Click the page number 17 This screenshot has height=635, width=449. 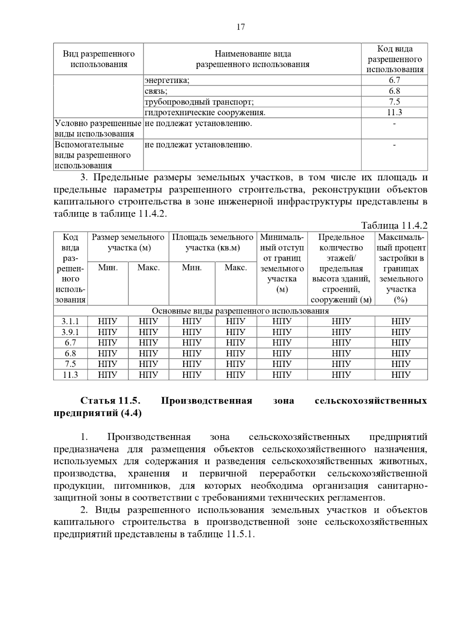tap(241, 27)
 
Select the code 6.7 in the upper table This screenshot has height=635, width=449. tap(394, 80)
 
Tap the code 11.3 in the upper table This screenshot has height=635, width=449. tap(394, 113)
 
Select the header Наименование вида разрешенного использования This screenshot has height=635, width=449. tap(253, 59)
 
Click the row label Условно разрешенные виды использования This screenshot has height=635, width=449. tap(98, 128)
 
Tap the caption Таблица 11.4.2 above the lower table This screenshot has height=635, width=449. tap(394, 226)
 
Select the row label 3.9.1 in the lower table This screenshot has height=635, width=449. tap(70, 332)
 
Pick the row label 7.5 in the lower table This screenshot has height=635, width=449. tap(70, 364)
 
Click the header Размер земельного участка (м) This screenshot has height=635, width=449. tap(128, 242)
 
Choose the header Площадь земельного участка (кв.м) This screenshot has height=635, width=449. tap(213, 242)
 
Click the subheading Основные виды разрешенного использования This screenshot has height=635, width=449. tap(240, 311)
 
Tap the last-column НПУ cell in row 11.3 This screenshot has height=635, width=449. tap(401, 375)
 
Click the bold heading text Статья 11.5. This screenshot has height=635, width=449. tap(110, 401)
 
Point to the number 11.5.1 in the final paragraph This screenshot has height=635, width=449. tap(239, 534)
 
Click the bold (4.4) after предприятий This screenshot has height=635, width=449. tap(131, 413)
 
